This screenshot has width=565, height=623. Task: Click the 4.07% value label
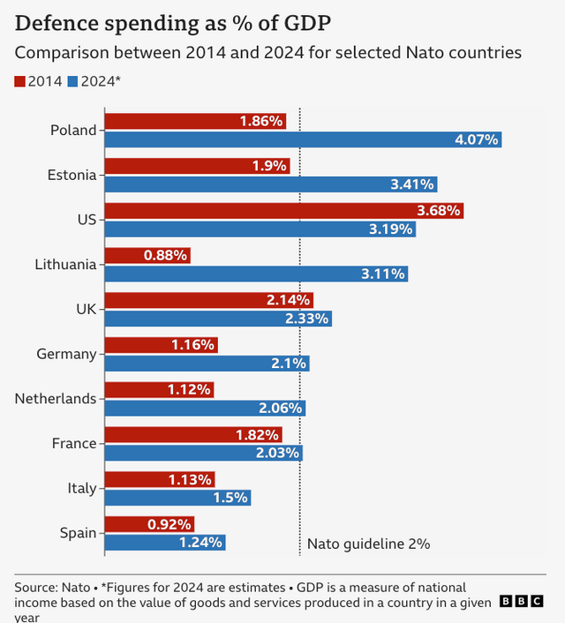point(477,139)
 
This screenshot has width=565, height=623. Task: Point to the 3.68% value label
point(439,211)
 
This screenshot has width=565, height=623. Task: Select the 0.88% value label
point(165,256)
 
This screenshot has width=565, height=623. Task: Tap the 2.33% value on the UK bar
point(307,318)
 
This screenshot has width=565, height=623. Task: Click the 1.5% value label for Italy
point(231,498)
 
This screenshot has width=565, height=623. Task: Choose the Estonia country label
point(72,175)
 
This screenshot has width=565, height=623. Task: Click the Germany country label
point(66,354)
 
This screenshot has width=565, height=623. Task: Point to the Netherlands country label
point(55,399)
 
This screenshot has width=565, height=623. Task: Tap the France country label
point(73,443)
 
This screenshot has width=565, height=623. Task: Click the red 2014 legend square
point(19,82)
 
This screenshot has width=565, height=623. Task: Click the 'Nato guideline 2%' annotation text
point(368,544)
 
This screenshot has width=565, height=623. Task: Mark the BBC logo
point(521,601)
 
